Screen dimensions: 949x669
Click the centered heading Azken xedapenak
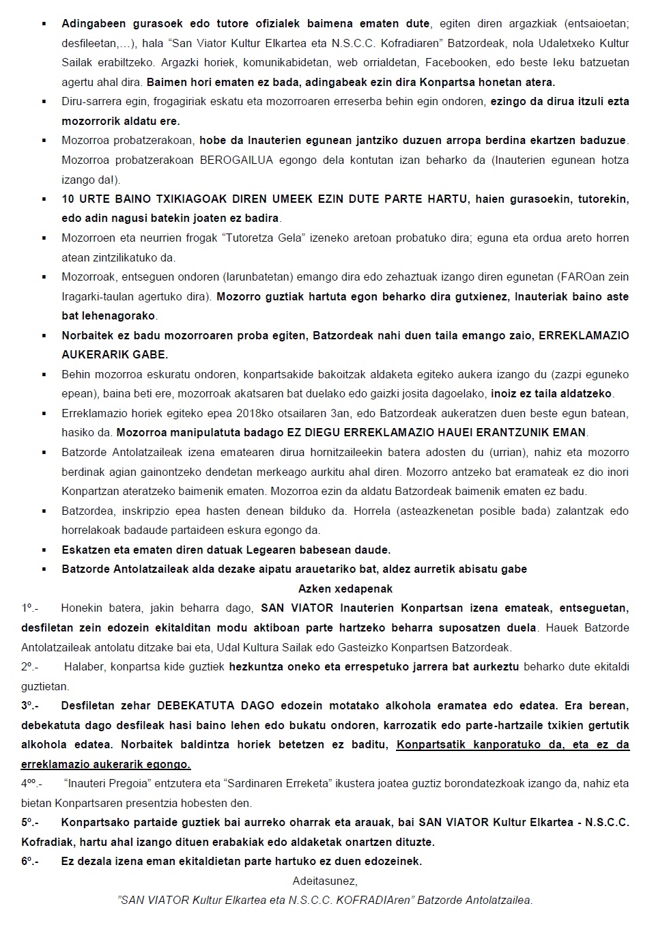tap(345, 589)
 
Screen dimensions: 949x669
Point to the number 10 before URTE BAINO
tap(68, 199)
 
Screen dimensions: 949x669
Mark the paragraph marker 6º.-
tap(30, 862)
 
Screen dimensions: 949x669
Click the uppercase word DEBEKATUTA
tap(197, 706)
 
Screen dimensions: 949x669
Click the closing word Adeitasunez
tap(325, 881)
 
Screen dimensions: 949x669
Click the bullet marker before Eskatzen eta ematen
tap(44, 550)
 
